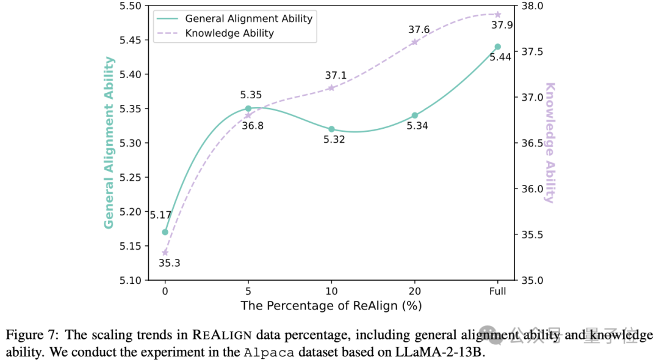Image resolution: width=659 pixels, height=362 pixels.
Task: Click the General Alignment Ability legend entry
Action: [249, 18]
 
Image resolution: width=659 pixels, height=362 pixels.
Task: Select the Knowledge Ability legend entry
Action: [229, 33]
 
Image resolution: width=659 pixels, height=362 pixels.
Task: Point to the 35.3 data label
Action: [169, 263]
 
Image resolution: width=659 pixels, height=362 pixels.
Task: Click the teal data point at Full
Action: [497, 46]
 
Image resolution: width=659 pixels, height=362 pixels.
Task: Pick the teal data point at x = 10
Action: [331, 129]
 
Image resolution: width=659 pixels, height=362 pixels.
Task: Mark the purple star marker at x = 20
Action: [415, 42]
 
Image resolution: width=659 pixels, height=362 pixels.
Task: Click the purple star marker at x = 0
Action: [165, 252]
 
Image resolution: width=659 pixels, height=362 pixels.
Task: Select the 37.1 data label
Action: [336, 76]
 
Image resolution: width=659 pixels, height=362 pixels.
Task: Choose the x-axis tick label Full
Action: [497, 292]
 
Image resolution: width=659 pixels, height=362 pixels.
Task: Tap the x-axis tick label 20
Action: [415, 292]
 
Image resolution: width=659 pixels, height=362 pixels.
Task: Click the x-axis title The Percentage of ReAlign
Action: [331, 305]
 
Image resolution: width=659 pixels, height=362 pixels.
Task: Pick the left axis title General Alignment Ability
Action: [109, 142]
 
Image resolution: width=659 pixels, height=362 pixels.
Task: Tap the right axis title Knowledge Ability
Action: [550, 142]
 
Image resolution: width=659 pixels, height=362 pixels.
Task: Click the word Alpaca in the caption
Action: [264, 352]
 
